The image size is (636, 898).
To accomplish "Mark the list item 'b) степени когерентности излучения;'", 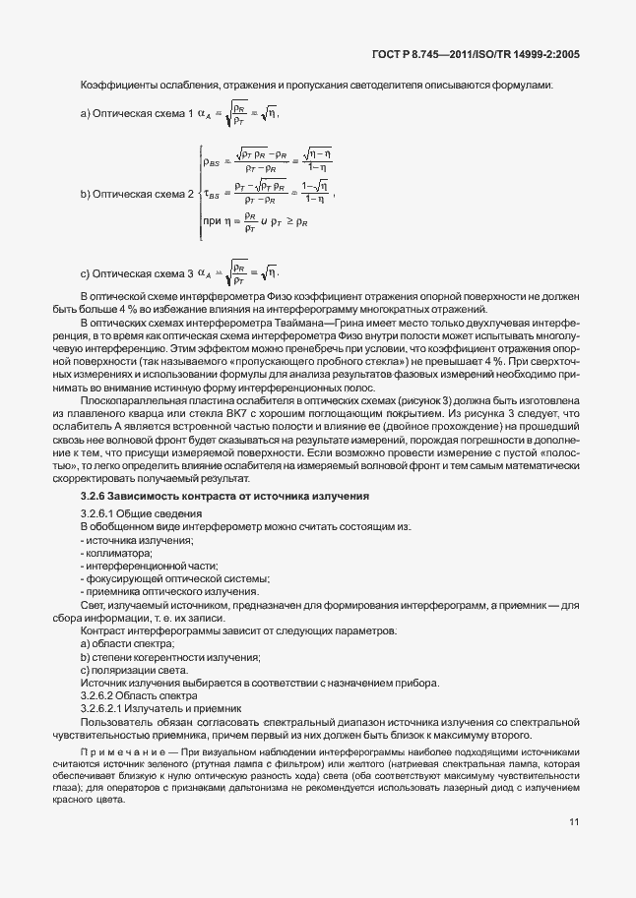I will [x=162, y=655].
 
